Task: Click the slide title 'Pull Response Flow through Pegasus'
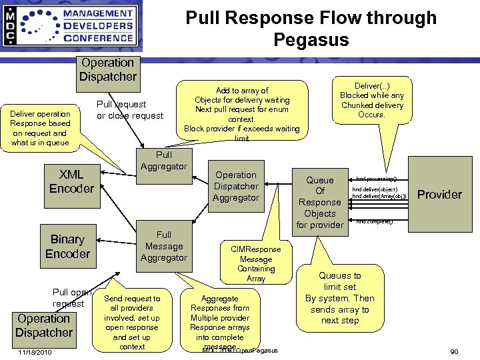point(311,28)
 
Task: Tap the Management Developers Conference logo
point(70,27)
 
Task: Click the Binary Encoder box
point(67,246)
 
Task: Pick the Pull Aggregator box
point(163,161)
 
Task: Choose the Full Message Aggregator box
point(164,246)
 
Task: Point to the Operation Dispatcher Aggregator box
point(236,187)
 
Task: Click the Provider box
point(439,195)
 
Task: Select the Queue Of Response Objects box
point(320,202)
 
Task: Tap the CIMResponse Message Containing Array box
point(256,263)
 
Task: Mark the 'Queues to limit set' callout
point(339,298)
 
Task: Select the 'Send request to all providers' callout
point(132,322)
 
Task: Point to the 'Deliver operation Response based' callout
point(41,128)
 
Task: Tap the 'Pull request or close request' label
point(130,110)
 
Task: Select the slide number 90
point(454,351)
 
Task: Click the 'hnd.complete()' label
point(375,221)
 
